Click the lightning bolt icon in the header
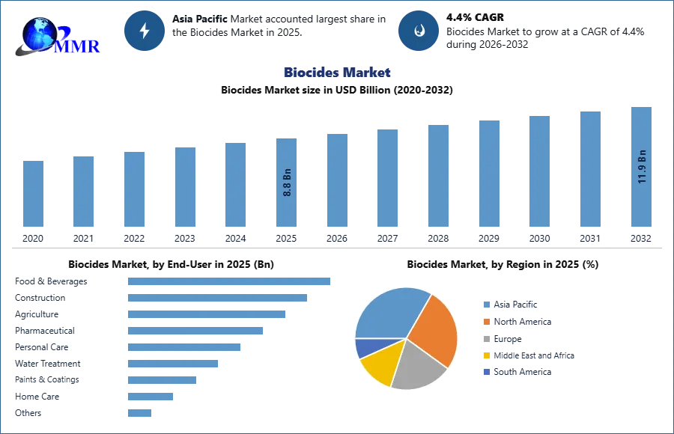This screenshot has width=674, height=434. (x=145, y=31)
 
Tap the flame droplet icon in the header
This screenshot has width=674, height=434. (x=419, y=31)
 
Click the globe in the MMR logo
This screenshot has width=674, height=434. (x=39, y=34)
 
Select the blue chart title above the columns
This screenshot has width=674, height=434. (x=337, y=73)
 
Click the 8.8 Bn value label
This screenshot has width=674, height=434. (x=287, y=182)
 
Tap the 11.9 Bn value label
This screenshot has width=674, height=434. (x=641, y=167)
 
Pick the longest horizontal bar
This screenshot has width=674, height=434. (x=230, y=281)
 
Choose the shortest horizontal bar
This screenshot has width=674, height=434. (x=140, y=412)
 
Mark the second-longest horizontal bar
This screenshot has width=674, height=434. (x=218, y=299)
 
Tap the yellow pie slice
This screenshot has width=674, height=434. (x=380, y=367)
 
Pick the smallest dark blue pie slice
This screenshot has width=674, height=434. (x=365, y=348)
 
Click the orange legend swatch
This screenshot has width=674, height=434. (x=486, y=323)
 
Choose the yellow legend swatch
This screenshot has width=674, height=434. (x=486, y=355)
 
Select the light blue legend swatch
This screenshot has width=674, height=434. (x=486, y=305)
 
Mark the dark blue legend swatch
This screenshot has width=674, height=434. (x=486, y=371)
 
